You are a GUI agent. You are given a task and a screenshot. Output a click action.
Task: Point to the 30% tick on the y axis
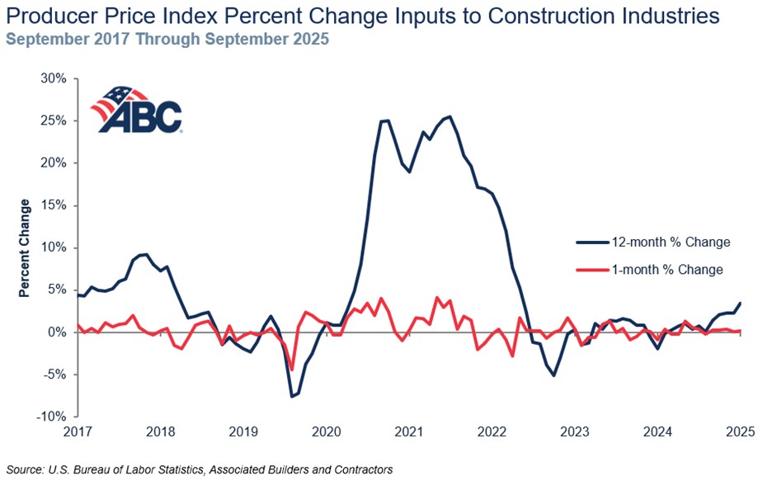click(54, 78)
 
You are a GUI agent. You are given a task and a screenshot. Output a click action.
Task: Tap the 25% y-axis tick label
click(54, 120)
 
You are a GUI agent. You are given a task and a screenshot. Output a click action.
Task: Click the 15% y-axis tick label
click(54, 205)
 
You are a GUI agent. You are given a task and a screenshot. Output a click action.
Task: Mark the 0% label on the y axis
click(58, 332)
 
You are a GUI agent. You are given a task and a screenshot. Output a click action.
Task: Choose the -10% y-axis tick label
click(51, 416)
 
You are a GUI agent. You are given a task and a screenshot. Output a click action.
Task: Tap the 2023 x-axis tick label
click(575, 431)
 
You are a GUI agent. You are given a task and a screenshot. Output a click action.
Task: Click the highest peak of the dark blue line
click(449, 116)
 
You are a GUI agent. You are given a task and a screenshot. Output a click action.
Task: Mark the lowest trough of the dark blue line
click(291, 397)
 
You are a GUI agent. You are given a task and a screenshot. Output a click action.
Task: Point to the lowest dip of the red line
click(291, 370)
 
